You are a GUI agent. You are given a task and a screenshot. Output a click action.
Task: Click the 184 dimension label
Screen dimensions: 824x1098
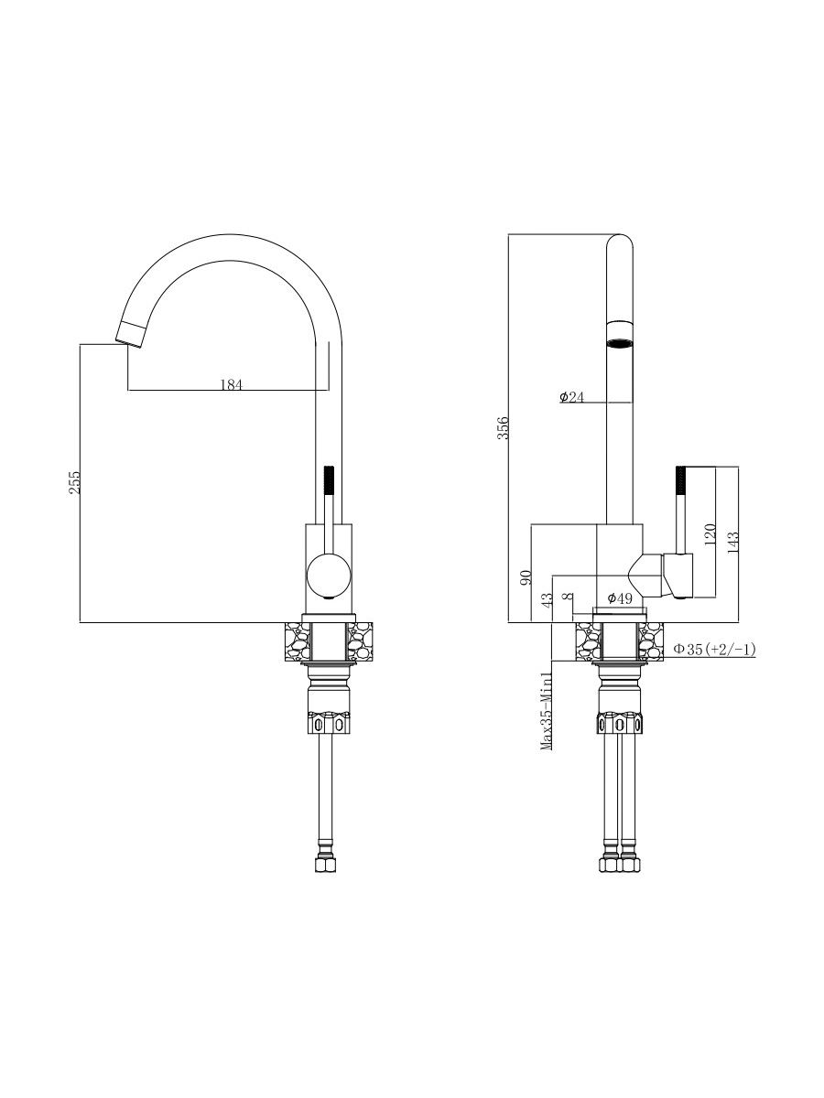231,384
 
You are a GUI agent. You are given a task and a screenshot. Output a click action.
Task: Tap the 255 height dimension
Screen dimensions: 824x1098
74,482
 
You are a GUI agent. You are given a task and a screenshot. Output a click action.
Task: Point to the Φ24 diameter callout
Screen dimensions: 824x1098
572,397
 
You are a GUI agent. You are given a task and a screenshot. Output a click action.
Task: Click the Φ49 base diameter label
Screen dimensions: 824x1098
620,598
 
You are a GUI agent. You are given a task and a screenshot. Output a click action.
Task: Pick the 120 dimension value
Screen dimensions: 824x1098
710,534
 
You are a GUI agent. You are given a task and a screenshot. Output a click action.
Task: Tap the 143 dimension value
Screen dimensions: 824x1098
733,542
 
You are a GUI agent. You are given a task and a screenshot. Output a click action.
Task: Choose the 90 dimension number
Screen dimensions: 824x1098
526,577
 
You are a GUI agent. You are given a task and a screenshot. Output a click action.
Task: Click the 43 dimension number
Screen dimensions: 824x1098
548,599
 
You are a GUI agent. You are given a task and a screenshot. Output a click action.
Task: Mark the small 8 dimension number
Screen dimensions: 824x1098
568,597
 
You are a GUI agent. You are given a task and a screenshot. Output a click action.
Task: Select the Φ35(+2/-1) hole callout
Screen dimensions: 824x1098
714,650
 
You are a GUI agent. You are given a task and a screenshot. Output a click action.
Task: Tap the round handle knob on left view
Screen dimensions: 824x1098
328,576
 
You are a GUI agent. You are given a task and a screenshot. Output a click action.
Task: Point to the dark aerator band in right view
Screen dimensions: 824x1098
620,343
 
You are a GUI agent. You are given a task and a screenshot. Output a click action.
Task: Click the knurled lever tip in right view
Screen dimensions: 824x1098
680,480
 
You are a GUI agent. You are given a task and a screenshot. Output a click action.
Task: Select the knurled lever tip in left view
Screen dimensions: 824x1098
329,480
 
